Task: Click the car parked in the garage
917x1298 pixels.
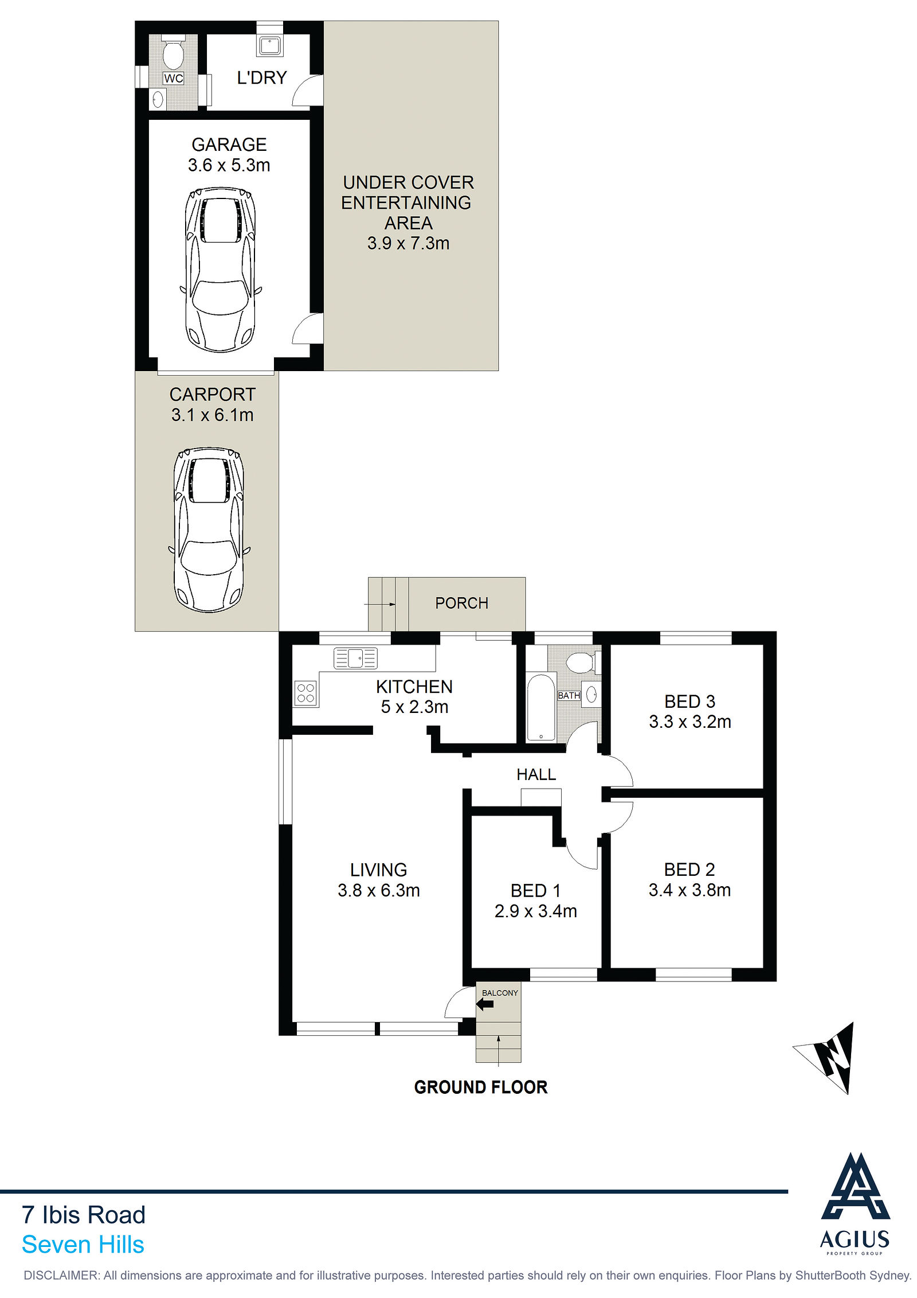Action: (x=221, y=270)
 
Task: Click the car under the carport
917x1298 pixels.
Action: (x=209, y=530)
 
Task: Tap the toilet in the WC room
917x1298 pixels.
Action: (x=173, y=53)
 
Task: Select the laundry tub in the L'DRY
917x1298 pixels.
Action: (x=270, y=45)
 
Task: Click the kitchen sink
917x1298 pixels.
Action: (x=355, y=658)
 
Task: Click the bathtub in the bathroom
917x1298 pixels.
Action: (x=540, y=707)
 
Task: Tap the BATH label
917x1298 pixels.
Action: (x=569, y=695)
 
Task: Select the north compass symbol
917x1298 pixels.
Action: (x=830, y=1057)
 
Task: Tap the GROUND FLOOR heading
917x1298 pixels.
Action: (x=481, y=1087)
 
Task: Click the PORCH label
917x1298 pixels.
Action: (x=461, y=603)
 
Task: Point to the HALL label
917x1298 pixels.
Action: (x=536, y=774)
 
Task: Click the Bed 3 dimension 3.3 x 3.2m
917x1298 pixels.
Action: (x=690, y=722)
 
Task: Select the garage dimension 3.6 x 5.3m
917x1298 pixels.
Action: (x=229, y=165)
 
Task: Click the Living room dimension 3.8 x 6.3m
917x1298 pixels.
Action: (x=379, y=890)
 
